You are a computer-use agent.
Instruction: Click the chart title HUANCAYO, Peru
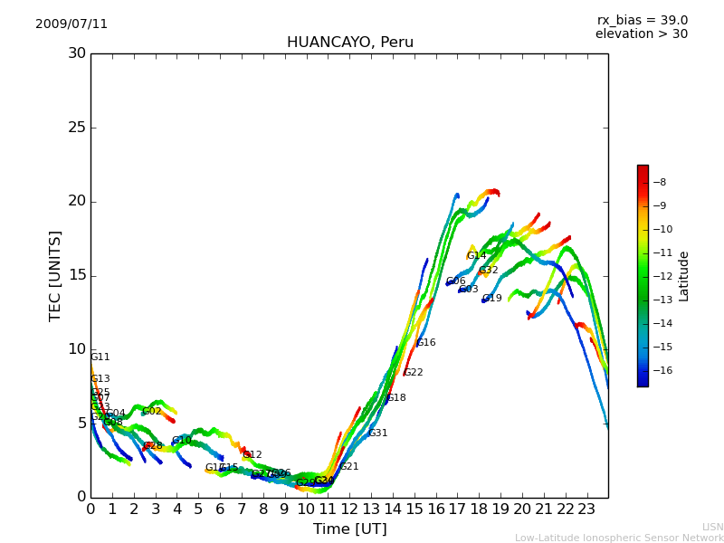coord(349,43)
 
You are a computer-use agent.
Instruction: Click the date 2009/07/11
coord(71,24)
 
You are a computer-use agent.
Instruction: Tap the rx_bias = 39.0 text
coord(642,21)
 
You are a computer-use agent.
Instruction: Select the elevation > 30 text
coord(641,34)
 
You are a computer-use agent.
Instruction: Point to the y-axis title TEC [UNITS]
coord(55,275)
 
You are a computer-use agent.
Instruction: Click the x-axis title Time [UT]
coord(349,529)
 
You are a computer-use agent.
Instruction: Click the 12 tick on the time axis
coord(349,509)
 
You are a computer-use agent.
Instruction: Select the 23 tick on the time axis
coord(586,509)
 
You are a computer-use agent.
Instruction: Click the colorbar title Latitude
coord(684,276)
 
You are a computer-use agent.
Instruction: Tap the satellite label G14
coord(477,256)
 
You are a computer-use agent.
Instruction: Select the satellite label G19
coord(491,299)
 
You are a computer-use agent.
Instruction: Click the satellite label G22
coord(414,373)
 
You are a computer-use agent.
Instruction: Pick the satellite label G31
coord(377,433)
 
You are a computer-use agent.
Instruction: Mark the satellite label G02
coord(151,412)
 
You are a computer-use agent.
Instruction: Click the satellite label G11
coord(100,357)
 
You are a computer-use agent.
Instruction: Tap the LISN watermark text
coord(712,527)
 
